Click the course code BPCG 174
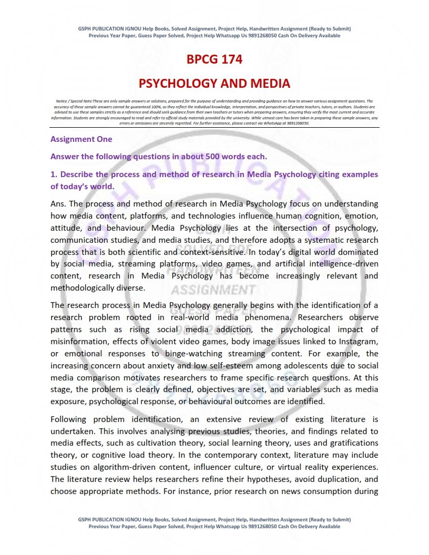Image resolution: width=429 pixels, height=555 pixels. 214,59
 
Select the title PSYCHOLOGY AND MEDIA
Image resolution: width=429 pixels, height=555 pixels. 214,83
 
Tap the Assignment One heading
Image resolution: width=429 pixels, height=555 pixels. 81,139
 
